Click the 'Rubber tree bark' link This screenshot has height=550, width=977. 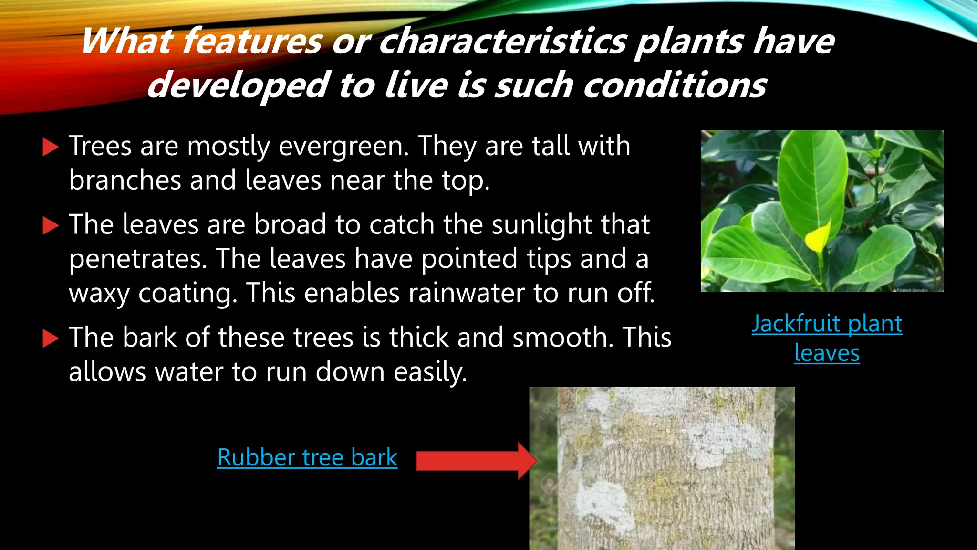307,457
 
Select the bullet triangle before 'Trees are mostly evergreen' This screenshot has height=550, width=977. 50,147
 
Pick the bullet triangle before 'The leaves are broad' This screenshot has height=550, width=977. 50,225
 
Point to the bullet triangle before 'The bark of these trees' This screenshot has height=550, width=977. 50,338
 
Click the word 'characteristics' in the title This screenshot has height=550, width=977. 502,41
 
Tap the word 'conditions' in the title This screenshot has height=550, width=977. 675,85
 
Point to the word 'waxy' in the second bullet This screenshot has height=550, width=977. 99,293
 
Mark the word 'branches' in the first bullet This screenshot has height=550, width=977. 124,180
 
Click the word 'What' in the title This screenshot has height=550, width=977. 126,41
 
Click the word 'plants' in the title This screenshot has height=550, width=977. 689,41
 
